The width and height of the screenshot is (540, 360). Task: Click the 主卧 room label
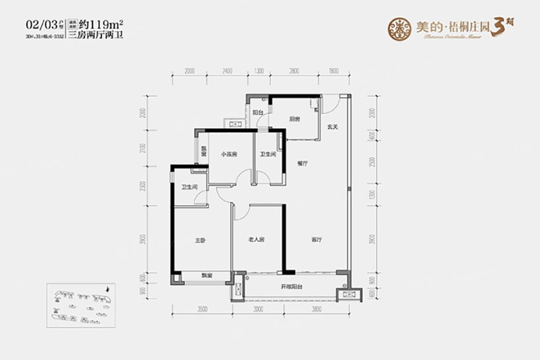(200, 240)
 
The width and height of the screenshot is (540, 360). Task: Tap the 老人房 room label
(255, 240)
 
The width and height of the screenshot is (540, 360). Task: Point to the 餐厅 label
(302, 164)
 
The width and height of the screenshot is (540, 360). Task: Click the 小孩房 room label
(229, 154)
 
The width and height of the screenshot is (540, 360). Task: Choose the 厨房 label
(294, 119)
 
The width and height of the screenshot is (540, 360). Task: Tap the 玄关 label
(332, 127)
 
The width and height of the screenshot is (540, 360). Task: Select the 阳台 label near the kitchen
(258, 113)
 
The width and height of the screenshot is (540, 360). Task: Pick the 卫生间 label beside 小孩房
(268, 154)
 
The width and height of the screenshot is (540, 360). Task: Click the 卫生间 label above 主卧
(189, 187)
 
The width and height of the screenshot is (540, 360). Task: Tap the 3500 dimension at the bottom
(202, 310)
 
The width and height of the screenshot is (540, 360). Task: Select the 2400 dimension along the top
(226, 71)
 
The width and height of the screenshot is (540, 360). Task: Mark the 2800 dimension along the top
(294, 71)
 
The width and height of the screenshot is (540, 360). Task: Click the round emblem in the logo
(400, 27)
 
